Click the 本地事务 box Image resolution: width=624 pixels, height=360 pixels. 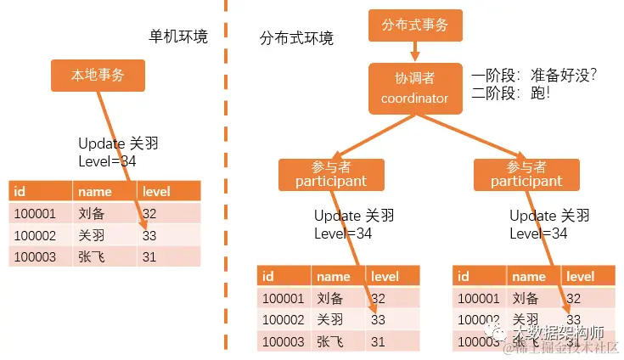[x=98, y=76]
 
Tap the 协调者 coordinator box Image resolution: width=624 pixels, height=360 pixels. [x=414, y=88]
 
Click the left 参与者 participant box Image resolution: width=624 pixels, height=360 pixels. [x=331, y=174]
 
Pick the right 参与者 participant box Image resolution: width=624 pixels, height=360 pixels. [x=526, y=174]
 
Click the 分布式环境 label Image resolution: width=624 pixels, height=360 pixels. [x=296, y=38]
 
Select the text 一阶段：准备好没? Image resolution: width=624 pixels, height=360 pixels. [x=535, y=76]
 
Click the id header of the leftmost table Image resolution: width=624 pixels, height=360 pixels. [x=20, y=191]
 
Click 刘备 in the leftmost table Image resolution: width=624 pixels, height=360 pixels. [x=88, y=213]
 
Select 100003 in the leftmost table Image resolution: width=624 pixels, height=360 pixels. [x=35, y=256]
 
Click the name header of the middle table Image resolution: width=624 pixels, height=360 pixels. [x=333, y=276]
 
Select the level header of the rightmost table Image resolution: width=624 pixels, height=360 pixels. [x=580, y=276]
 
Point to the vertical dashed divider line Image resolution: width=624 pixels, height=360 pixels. [x=227, y=170]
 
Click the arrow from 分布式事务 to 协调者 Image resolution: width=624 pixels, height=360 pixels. [x=415, y=52]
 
